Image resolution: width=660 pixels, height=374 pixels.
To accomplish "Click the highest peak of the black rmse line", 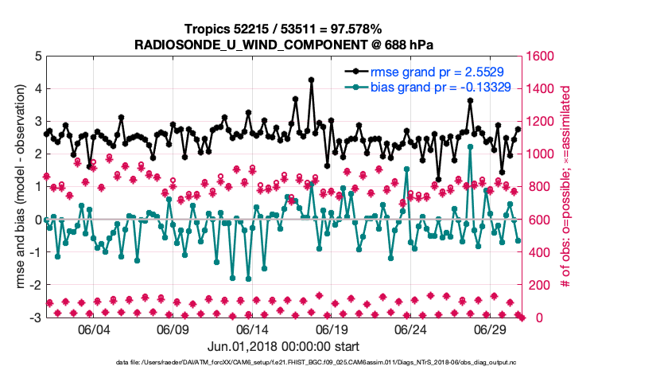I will tap(311, 80).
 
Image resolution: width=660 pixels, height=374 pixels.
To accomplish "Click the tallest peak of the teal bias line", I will tap(471, 146).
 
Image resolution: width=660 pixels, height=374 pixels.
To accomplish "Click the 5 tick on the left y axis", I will tap(37, 56).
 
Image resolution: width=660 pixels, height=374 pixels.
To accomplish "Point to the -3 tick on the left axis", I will tap(35, 318).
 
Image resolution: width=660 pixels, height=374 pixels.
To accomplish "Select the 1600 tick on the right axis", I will tap(542, 56).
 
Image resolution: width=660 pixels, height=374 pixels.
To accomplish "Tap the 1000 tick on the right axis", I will tap(542, 154).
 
